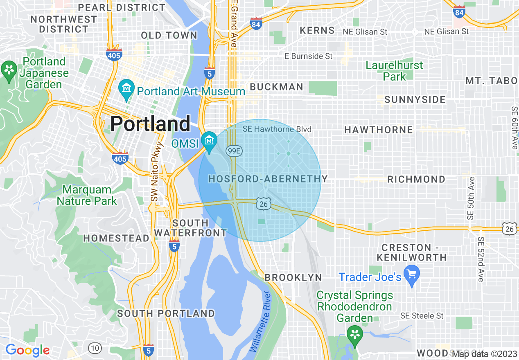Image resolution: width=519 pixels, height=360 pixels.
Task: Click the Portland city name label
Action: pos(150,123)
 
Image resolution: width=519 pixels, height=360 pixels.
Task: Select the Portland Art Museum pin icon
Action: pos(126,89)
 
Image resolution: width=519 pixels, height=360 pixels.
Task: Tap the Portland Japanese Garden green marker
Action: pos(9,70)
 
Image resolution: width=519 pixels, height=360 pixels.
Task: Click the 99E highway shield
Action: pos(234,151)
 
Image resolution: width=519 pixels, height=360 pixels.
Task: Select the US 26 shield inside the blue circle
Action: pos(263,204)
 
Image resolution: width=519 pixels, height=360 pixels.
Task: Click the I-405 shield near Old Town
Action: pos(114,54)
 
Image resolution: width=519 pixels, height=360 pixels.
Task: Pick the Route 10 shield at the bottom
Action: pos(95,348)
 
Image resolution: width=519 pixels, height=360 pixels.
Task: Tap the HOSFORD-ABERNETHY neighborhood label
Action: pos(268,179)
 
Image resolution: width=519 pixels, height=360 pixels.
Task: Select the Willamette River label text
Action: pos(260,321)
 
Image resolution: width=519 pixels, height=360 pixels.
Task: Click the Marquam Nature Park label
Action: pos(87,195)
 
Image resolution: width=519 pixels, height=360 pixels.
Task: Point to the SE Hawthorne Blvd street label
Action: pos(277,129)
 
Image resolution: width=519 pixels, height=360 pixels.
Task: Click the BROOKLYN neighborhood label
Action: pos(293,277)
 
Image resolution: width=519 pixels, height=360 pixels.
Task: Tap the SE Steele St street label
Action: pos(422,316)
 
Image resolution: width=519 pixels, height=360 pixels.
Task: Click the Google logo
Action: pos(27,350)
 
